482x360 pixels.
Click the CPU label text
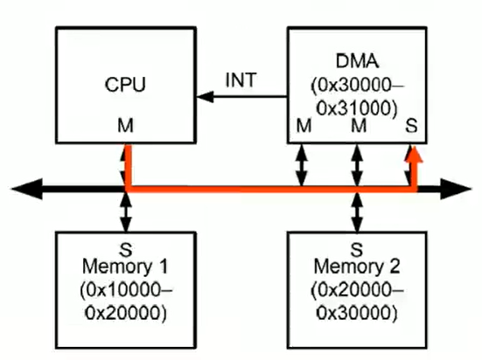125,85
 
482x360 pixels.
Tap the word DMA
357,61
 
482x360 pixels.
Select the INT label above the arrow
241,80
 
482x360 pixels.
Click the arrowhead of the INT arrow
205,97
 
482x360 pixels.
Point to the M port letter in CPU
125,125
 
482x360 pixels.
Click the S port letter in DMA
411,125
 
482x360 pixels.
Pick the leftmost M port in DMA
304,125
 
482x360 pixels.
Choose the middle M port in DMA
359,125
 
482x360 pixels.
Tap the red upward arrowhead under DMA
414,154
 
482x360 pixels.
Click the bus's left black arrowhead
27,189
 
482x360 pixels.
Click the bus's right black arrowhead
456,189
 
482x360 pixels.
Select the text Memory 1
125,266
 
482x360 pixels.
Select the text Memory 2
357,266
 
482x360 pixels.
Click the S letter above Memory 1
126,249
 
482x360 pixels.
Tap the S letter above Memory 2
357,249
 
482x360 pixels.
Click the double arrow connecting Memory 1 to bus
126,212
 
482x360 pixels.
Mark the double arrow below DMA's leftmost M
302,165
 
